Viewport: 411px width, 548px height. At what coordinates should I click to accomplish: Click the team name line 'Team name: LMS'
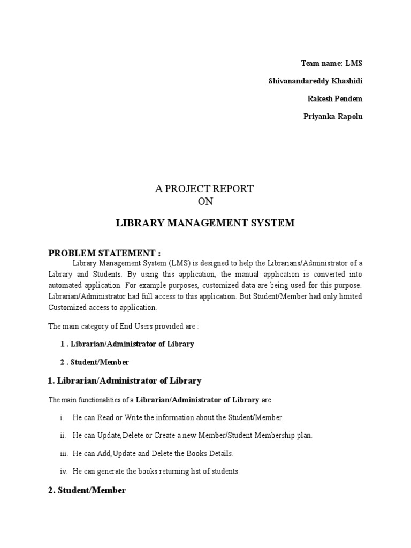[x=331, y=63]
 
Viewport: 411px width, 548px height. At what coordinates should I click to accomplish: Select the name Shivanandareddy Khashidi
[x=315, y=81]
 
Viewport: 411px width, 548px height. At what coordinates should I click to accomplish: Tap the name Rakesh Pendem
[x=334, y=99]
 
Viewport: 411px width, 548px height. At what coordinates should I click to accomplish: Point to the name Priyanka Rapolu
[x=332, y=117]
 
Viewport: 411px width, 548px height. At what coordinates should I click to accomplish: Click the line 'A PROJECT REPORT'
[x=205, y=189]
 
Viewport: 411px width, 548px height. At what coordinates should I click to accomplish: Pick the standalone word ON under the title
[x=205, y=202]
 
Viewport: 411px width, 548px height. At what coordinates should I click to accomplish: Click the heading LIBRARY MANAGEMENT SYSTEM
[x=205, y=223]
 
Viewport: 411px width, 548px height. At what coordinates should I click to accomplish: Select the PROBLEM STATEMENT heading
[x=104, y=253]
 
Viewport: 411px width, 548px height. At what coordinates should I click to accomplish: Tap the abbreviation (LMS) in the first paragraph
[x=180, y=263]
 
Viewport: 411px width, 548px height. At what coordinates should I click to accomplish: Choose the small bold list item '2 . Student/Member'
[x=94, y=362]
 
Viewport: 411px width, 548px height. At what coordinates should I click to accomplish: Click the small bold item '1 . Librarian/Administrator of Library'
[x=127, y=344]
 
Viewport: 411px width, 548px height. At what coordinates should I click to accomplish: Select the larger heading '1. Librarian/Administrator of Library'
[x=125, y=381]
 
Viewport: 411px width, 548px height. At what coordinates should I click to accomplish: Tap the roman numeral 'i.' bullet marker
[x=62, y=417]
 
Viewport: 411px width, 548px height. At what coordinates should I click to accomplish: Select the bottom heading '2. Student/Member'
[x=87, y=490]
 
